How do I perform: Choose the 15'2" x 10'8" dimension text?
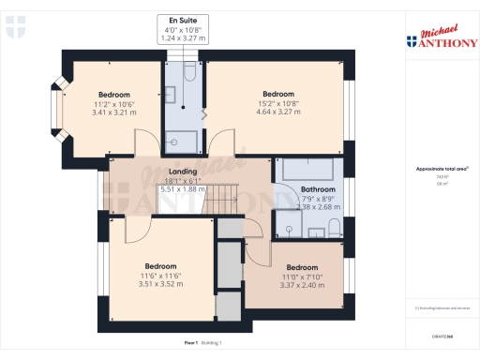click(x=278, y=104)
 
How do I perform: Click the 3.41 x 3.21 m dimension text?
click(x=113, y=112)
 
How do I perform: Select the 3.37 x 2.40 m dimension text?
click(x=303, y=284)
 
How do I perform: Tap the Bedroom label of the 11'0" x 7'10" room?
click(x=303, y=267)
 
